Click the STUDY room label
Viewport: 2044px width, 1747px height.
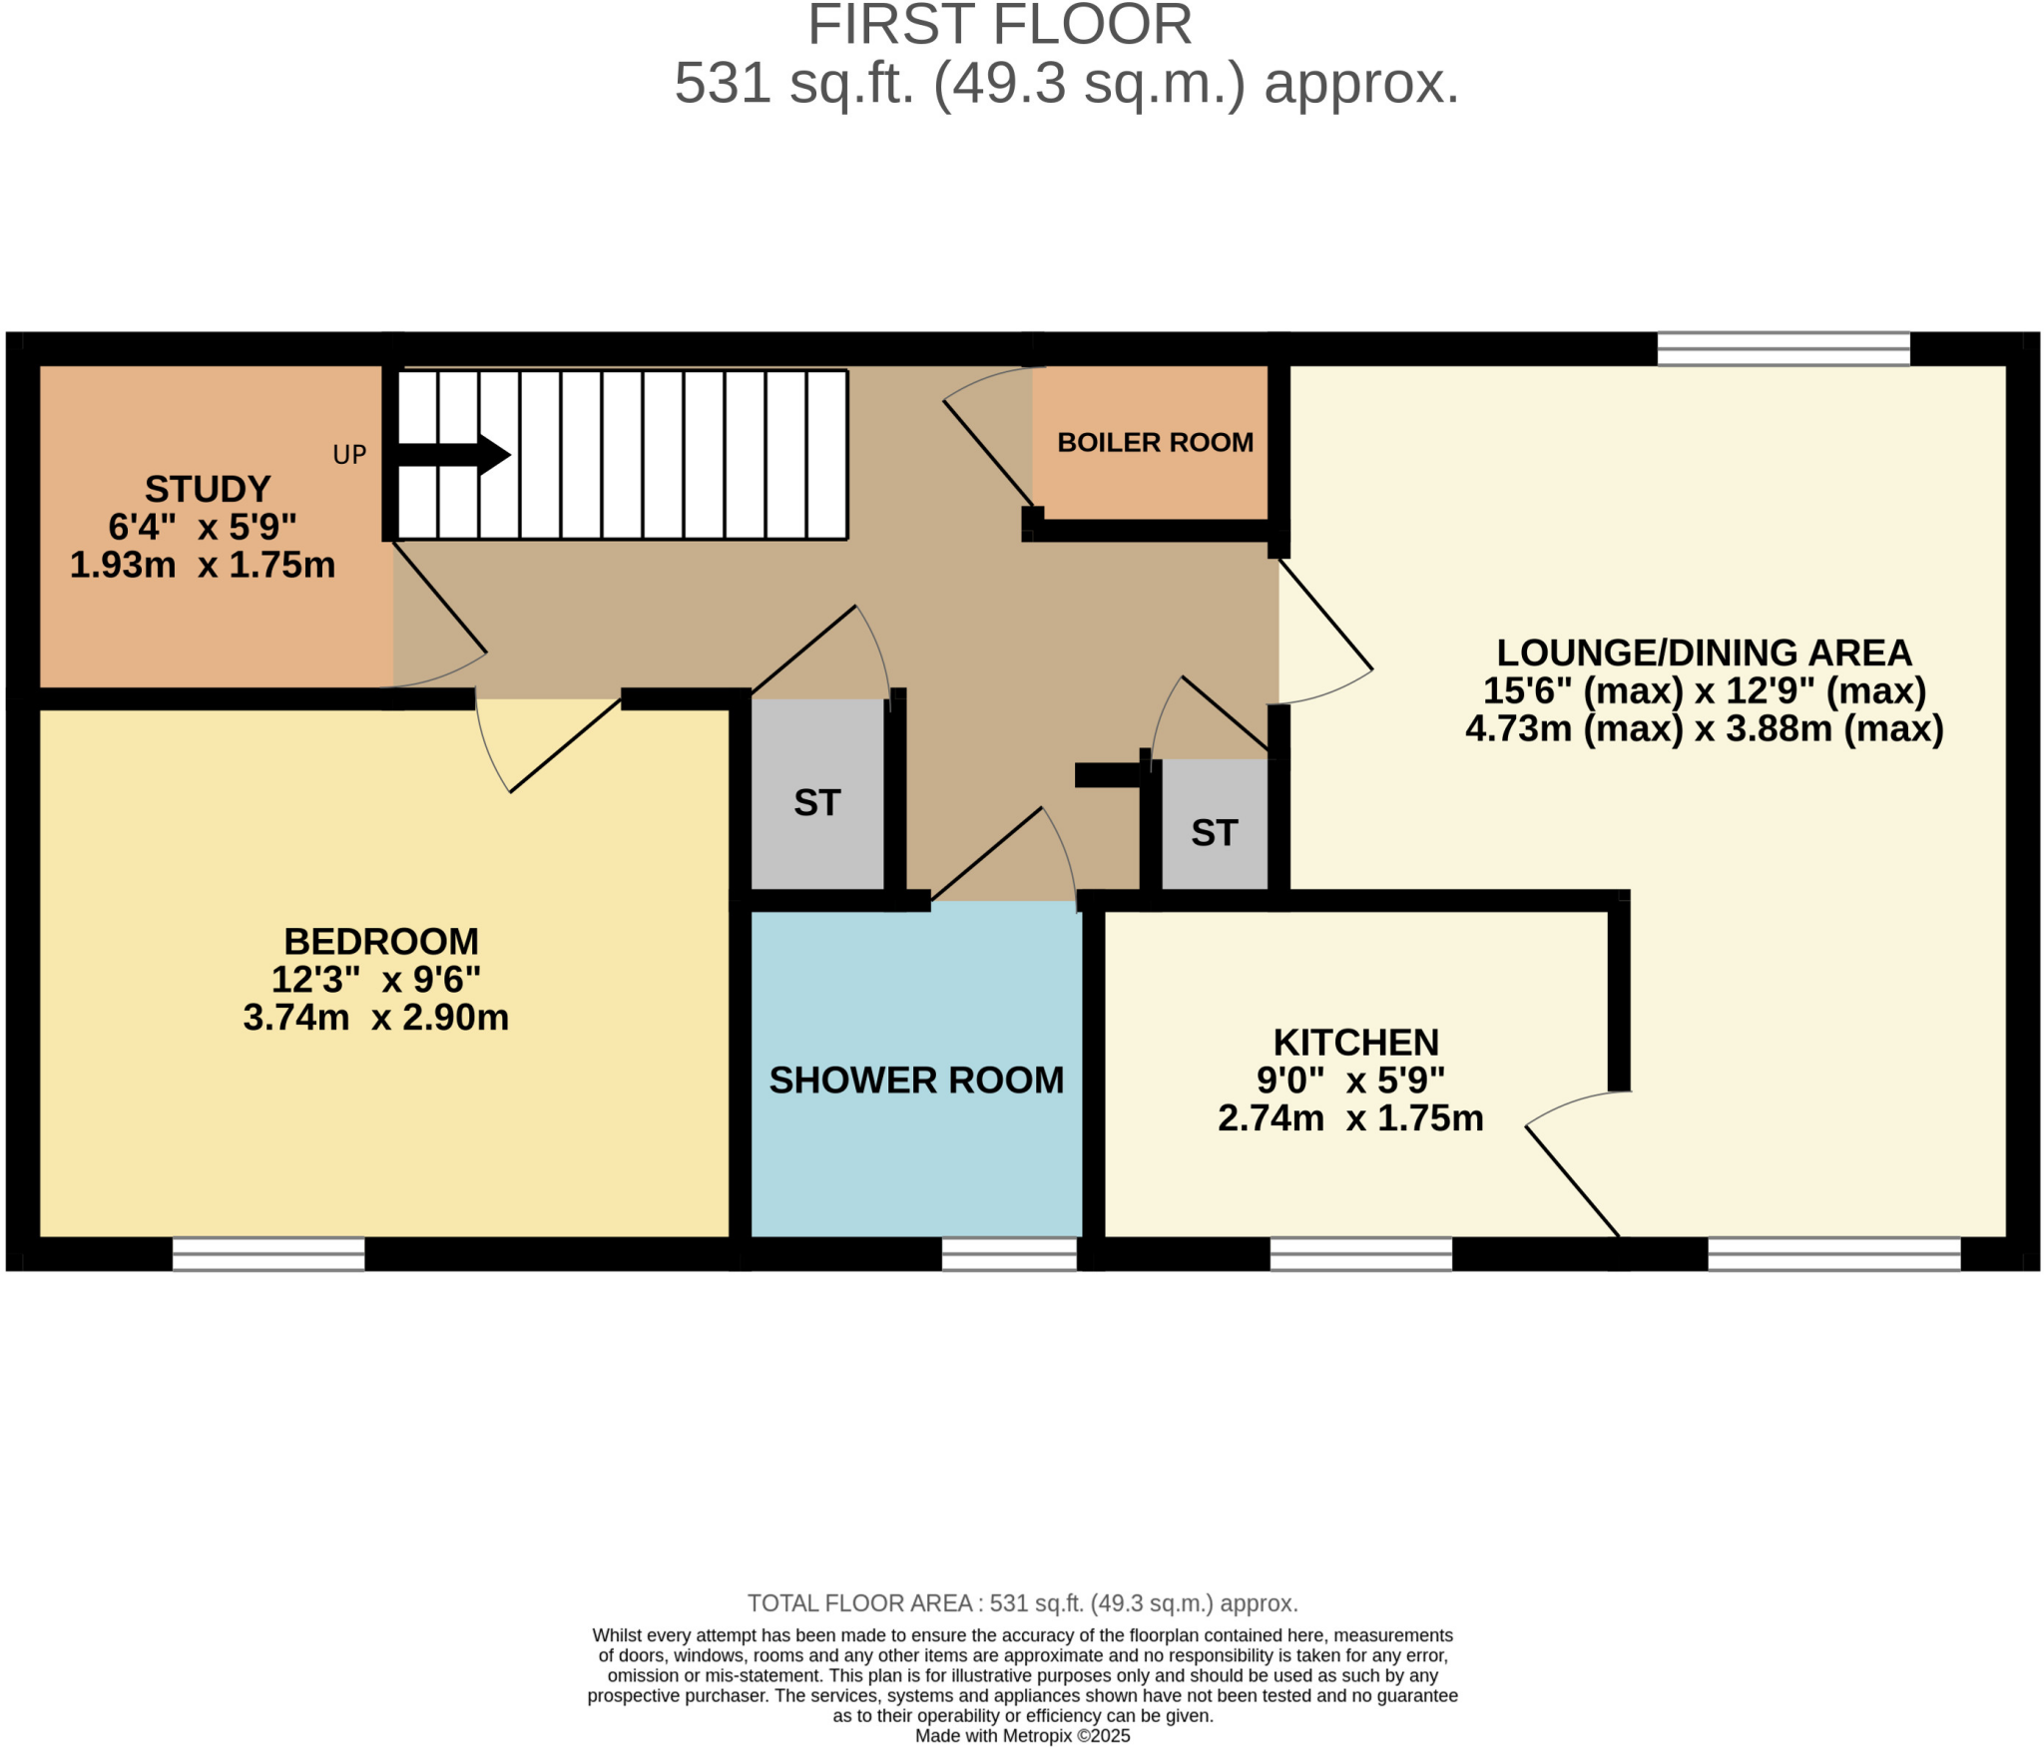pos(208,489)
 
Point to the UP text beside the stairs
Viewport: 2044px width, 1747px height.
pos(349,455)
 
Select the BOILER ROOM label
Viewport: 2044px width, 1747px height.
pos(1155,442)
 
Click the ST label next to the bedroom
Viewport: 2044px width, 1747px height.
pos(816,802)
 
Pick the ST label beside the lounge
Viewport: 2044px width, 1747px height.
pos(1214,832)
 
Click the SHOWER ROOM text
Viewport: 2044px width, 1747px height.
pos(916,1080)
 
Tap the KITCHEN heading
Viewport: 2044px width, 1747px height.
pos(1355,1042)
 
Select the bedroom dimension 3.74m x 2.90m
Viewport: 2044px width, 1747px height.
pos(375,1017)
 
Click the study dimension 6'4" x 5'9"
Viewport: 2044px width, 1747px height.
pos(203,526)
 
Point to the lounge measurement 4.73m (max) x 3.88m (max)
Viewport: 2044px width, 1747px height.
pos(1704,728)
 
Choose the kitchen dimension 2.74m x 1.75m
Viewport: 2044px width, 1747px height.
pos(1350,1117)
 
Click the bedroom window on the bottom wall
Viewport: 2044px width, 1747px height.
pos(268,1254)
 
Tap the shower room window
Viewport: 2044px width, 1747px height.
pos(1009,1254)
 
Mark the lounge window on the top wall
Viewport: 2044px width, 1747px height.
pos(1784,349)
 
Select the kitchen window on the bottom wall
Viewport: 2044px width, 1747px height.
pos(1360,1254)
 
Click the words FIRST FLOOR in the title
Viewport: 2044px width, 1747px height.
pos(999,25)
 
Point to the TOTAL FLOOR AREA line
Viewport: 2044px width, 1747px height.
pos(1022,1603)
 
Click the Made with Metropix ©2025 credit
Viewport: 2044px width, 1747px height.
pos(1022,1736)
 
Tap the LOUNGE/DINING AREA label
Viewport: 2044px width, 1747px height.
pos(1704,653)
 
